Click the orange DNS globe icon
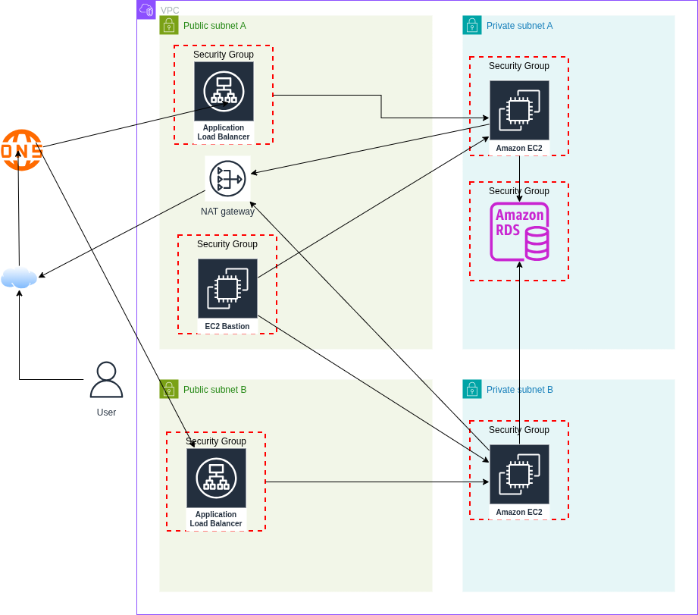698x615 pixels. tap(21, 150)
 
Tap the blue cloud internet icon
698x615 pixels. tap(19, 278)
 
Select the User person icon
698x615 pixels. tap(106, 380)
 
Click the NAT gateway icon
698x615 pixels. tap(227, 179)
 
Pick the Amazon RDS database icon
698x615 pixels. tap(519, 231)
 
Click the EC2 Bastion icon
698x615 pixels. tap(227, 289)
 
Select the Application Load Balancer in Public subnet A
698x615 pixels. tap(224, 92)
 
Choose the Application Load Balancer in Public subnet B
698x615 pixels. tap(216, 479)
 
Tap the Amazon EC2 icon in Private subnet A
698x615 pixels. tap(519, 111)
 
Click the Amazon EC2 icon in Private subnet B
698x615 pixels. tap(519, 475)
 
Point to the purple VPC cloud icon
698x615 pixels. tap(146, 10)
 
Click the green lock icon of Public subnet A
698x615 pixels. tap(169, 25)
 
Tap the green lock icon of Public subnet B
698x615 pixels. tap(169, 389)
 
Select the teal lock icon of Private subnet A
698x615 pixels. tap(472, 25)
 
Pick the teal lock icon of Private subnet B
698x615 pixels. tap(472, 389)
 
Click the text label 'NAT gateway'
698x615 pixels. tap(227, 212)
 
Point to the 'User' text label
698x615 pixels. tap(106, 413)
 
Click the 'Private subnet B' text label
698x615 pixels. tap(519, 390)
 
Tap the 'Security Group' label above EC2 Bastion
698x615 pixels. tap(227, 244)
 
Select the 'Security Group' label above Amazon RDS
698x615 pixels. tap(519, 191)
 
